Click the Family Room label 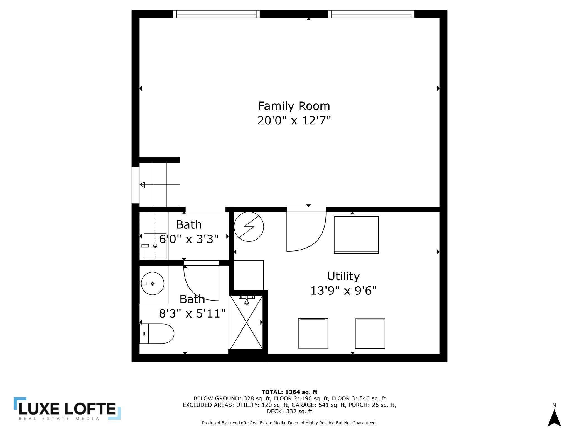point(294,106)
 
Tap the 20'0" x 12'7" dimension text point(294,121)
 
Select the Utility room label point(343,276)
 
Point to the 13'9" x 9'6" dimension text point(343,291)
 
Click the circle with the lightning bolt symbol point(249,227)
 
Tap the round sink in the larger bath point(152,284)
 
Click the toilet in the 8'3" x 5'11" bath point(157,333)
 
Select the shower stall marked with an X point(246,323)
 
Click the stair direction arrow point(143,185)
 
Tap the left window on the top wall point(216,14)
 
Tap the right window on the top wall point(371,14)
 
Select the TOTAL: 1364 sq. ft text point(289,392)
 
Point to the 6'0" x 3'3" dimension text point(188,239)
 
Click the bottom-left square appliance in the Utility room point(313,333)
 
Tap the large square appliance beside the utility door point(356,235)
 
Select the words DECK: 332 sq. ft point(289,411)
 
